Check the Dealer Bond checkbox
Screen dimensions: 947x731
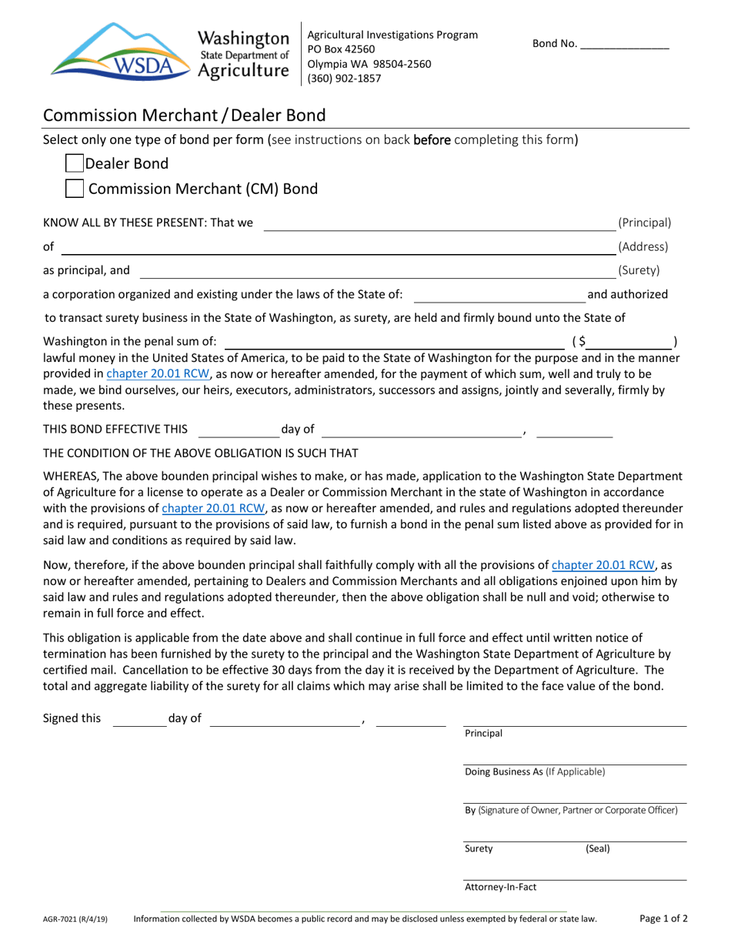(74, 163)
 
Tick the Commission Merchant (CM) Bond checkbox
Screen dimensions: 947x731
(74, 189)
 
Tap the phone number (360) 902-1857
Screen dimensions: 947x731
(343, 78)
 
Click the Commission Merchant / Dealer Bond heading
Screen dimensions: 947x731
(184, 115)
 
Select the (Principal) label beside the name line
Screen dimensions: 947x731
(644, 223)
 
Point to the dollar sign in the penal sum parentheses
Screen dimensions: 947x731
(581, 341)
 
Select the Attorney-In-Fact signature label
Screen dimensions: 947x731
(500, 887)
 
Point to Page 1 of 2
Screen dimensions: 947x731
(663, 918)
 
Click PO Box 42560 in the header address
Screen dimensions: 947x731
(341, 49)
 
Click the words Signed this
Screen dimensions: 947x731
(72, 718)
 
